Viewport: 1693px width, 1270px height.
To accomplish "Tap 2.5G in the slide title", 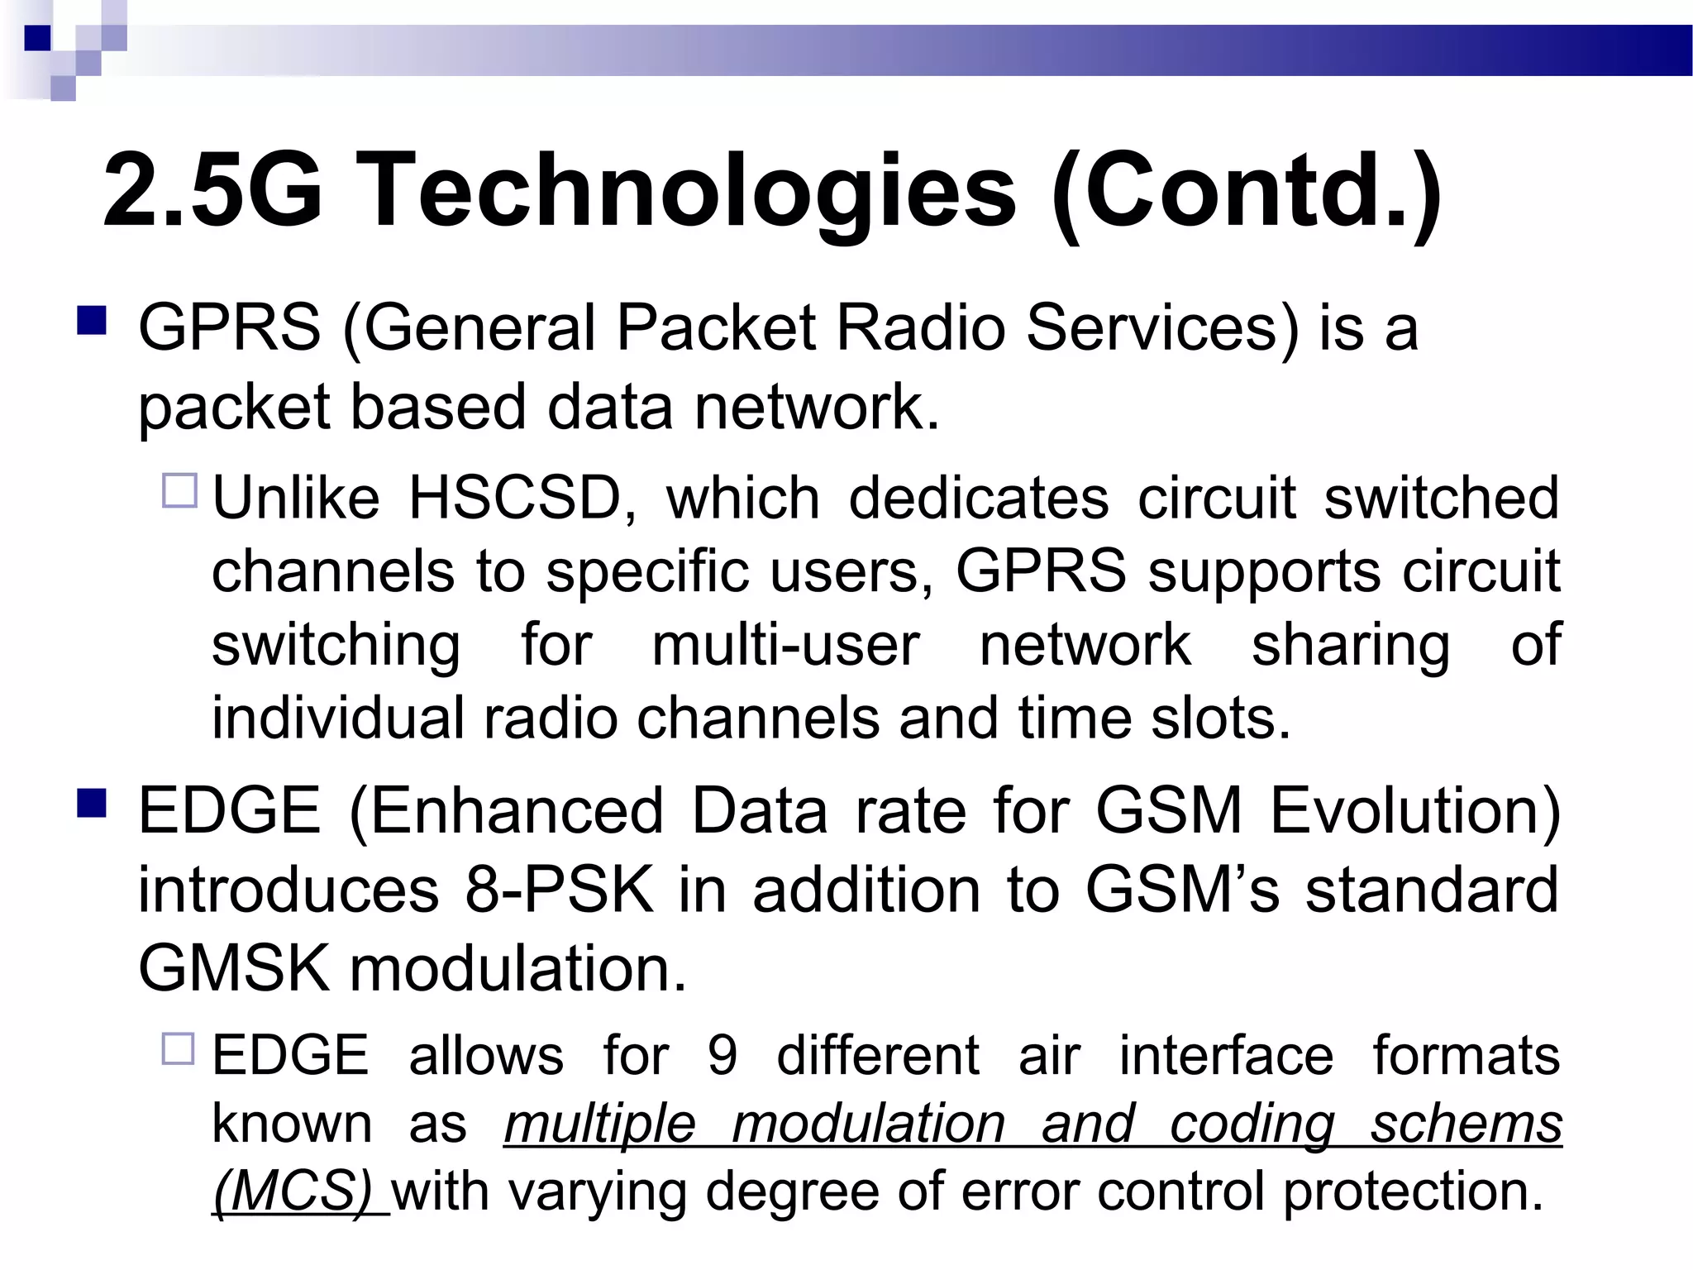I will (212, 192).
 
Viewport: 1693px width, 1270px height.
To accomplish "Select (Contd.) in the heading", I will (1247, 192).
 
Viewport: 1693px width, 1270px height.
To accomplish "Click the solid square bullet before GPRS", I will (92, 321).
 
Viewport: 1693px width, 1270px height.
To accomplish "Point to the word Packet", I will (717, 328).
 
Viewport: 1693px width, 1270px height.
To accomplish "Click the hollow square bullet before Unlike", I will (179, 490).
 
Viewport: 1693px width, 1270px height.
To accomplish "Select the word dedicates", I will (979, 499).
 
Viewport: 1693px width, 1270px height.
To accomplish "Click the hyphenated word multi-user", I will (785, 645).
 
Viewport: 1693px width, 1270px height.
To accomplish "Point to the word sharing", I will (1351, 645).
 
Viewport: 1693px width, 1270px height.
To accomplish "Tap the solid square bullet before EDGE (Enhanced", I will (92, 803).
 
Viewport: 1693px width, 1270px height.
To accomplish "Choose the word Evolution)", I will (1415, 811).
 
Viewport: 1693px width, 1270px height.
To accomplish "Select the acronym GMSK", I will (233, 968).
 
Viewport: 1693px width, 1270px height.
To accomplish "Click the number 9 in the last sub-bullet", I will (722, 1056).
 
